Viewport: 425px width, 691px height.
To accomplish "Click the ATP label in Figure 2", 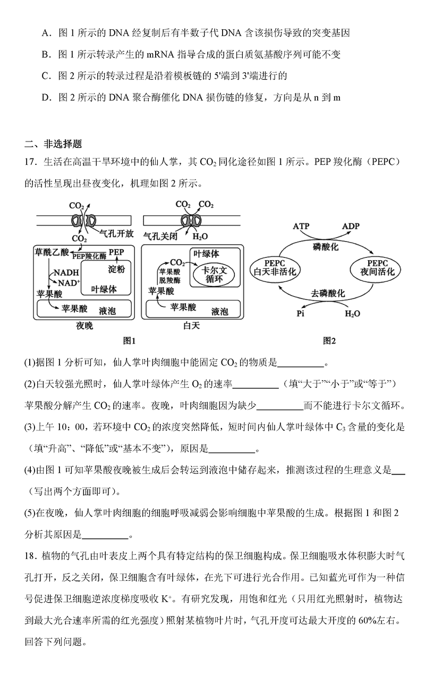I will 301,227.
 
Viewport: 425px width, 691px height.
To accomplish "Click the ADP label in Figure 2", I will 351,227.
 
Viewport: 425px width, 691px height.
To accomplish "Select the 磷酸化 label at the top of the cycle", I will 325,247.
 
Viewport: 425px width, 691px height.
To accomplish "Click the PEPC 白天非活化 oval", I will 274,268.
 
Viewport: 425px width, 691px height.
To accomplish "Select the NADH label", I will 65,272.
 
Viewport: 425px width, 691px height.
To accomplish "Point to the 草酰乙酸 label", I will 51,251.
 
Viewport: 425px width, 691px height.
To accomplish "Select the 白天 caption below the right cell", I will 190,326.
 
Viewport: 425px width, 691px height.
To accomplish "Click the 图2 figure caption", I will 329,340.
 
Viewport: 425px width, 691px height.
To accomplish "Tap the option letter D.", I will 45,98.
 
